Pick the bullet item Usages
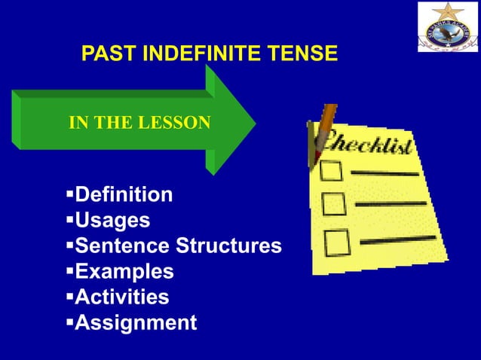[x=112, y=221]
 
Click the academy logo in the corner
[x=448, y=27]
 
